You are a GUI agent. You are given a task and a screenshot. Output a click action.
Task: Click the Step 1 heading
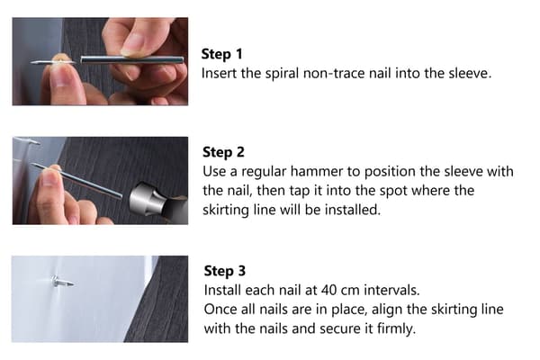221,54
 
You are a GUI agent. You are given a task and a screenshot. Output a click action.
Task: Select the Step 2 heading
223,152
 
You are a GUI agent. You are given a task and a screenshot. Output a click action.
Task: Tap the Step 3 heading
225,271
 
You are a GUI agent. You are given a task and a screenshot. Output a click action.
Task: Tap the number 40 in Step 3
328,291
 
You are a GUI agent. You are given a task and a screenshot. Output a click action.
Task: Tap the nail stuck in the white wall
62,282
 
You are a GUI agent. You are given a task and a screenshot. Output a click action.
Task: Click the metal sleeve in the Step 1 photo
132,59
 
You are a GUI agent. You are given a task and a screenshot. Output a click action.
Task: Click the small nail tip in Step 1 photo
37,63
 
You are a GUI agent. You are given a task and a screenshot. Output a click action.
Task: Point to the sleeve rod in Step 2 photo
76,181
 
